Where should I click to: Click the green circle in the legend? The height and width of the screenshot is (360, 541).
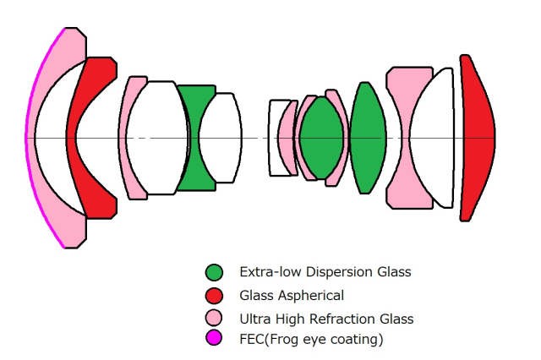[215, 272]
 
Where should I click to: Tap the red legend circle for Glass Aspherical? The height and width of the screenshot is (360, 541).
[215, 296]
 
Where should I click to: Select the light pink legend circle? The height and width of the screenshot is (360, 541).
[215, 319]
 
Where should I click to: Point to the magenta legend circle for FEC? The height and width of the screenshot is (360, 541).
[215, 339]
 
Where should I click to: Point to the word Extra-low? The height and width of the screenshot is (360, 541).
[265, 272]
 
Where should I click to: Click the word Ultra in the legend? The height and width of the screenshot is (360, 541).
[254, 319]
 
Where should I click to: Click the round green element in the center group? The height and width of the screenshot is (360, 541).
[321, 137]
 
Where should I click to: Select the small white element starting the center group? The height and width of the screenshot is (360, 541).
[278, 137]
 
